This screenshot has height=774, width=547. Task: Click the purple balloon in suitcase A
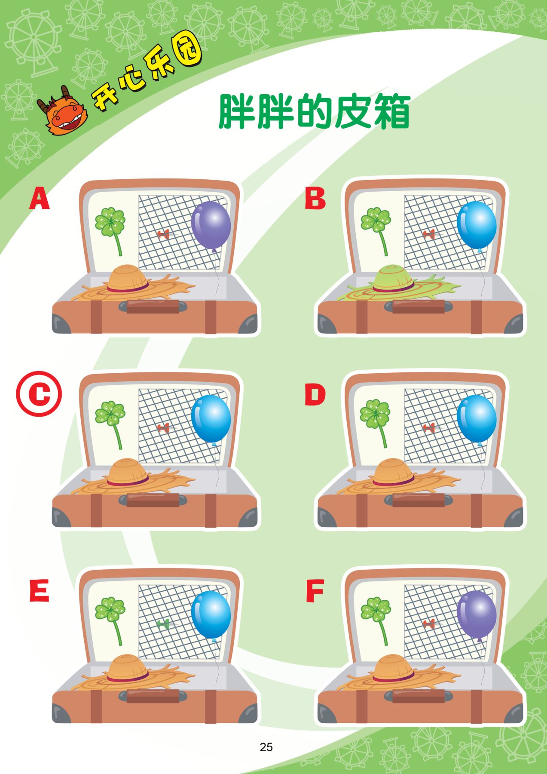coord(211,224)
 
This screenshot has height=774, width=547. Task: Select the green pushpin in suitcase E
coord(164,623)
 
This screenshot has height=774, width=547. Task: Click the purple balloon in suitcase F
coord(477,614)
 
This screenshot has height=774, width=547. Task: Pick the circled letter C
coord(39,393)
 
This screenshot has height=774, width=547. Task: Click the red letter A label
coord(40,198)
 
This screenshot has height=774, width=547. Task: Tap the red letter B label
coord(315,198)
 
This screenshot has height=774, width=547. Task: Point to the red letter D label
coord(315,395)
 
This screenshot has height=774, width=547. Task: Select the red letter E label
coord(39,590)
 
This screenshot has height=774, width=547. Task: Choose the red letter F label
coord(315,591)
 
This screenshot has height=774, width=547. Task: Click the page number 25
coord(266,747)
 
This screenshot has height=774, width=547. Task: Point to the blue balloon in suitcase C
coord(211,418)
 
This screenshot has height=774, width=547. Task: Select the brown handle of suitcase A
coord(153,307)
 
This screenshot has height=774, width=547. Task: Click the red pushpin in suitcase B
coord(428,234)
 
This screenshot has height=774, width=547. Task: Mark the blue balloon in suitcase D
coord(477,419)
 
